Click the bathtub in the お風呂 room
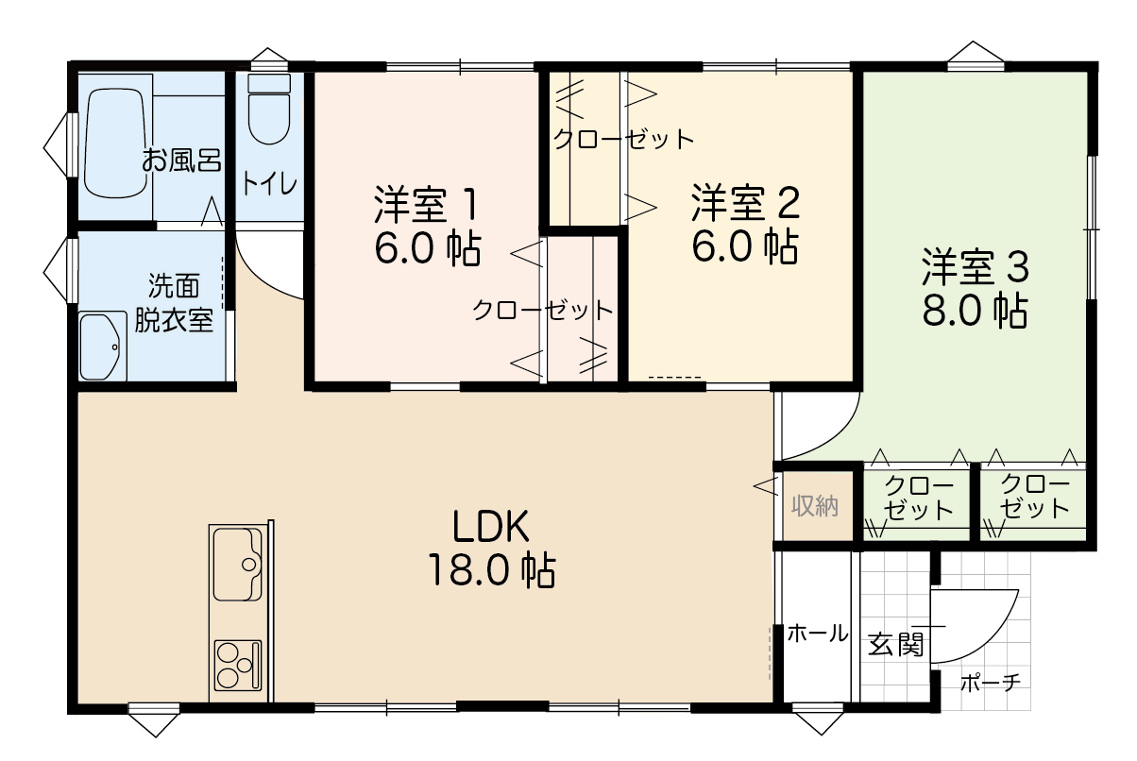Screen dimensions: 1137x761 [x=118, y=144]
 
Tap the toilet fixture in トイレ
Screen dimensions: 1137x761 [x=269, y=110]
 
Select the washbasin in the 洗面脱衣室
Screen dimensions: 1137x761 [x=103, y=346]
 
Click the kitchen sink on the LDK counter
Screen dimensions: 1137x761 [x=238, y=565]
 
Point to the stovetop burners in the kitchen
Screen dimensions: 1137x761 [x=238, y=665]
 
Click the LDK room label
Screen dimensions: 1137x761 [x=490, y=526]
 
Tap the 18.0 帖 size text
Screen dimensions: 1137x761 [x=491, y=570]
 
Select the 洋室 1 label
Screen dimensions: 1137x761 [x=426, y=205]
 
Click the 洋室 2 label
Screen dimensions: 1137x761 [x=745, y=203]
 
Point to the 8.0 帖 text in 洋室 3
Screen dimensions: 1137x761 [x=976, y=311]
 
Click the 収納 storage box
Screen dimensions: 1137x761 [x=817, y=506]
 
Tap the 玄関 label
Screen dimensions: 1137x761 [x=895, y=644]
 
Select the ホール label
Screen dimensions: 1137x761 [x=818, y=634]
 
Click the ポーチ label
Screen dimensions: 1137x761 [x=991, y=683]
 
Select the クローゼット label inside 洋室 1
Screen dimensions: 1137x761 [x=543, y=310]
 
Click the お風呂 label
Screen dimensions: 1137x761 [x=181, y=160]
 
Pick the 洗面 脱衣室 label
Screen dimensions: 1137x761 [x=174, y=303]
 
